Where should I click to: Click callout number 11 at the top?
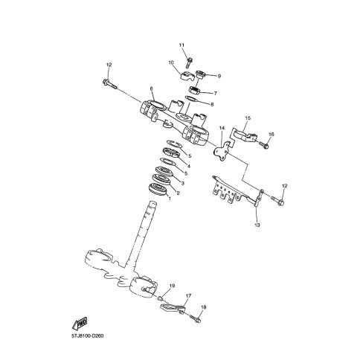[181, 45]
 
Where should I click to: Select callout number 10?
[171, 62]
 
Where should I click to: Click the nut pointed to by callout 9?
[201, 74]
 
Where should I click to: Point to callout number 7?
[216, 94]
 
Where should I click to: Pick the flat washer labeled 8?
[191, 98]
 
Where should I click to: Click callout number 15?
[248, 118]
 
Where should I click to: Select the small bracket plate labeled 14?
[221, 152]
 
